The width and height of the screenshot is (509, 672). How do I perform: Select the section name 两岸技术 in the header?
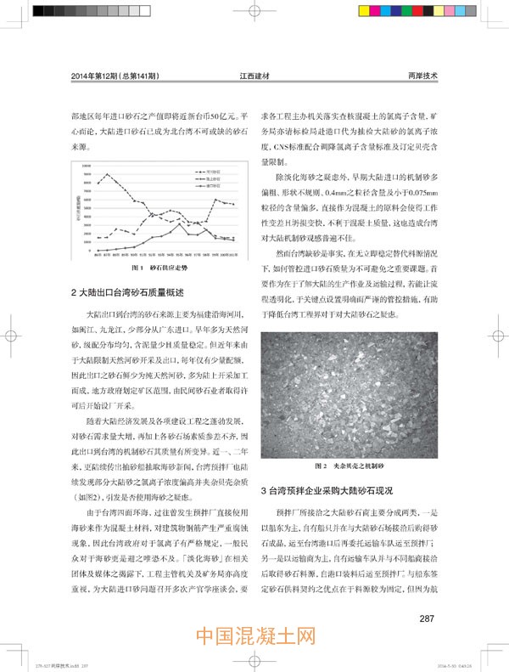click(x=423, y=76)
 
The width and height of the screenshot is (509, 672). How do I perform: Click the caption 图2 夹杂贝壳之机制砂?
click(x=350, y=466)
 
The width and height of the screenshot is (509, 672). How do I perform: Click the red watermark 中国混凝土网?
click(x=255, y=638)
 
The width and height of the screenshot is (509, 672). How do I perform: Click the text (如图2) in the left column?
click(x=88, y=495)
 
